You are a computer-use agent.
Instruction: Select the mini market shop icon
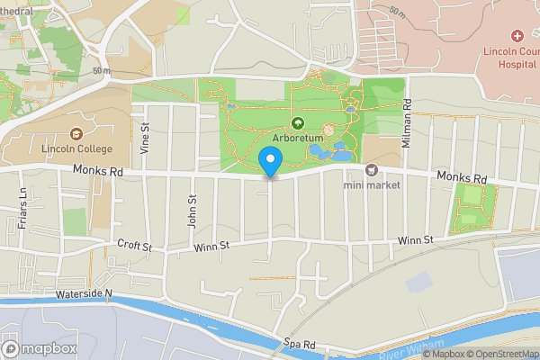point(370,169)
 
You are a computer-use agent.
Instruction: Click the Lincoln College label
point(76,148)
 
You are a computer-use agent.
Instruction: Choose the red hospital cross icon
point(517,36)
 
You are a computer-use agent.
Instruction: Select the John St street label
point(192,212)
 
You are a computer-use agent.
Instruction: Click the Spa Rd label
point(299,343)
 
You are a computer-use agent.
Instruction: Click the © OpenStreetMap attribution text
point(496,354)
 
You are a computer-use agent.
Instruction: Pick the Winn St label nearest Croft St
point(211,244)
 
